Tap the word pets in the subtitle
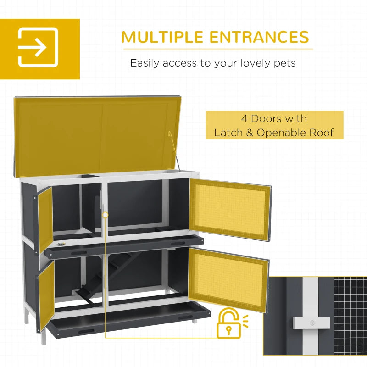pyautogui.click(x=285, y=63)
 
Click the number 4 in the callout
pyautogui.click(x=245, y=118)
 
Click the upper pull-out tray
pyautogui.click(x=124, y=246)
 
